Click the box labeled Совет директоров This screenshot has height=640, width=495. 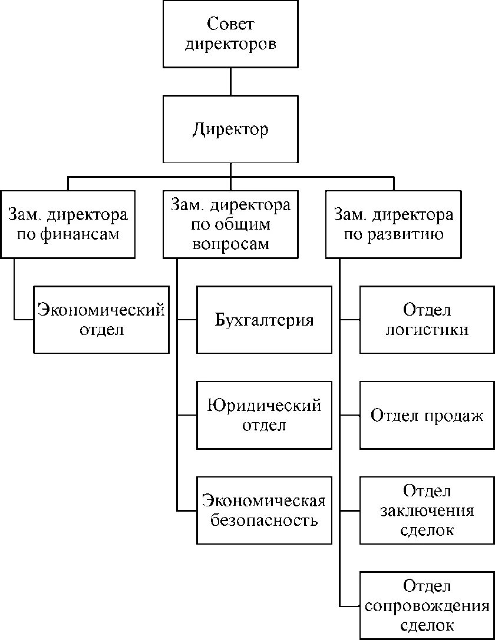(x=230, y=34)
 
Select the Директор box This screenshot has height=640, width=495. (x=230, y=130)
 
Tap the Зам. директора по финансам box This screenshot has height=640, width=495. (x=68, y=224)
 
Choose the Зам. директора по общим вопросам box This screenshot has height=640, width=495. (x=230, y=224)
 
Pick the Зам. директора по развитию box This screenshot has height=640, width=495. (x=394, y=224)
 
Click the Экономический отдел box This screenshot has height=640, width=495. (x=101, y=320)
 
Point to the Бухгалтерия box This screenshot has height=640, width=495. (x=264, y=320)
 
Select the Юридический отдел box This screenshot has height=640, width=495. (x=264, y=415)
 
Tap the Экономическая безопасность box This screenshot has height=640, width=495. (x=264, y=510)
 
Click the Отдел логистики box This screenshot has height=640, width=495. (x=427, y=320)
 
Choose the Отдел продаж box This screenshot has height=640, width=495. (x=427, y=415)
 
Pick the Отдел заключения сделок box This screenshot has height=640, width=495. (x=427, y=510)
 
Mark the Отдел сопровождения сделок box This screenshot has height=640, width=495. (x=427, y=605)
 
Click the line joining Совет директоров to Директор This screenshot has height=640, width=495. (x=230, y=82)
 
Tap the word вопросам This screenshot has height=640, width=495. (x=230, y=244)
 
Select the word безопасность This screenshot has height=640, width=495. (x=264, y=521)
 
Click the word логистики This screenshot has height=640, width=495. (x=427, y=330)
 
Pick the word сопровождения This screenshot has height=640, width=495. (x=427, y=606)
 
